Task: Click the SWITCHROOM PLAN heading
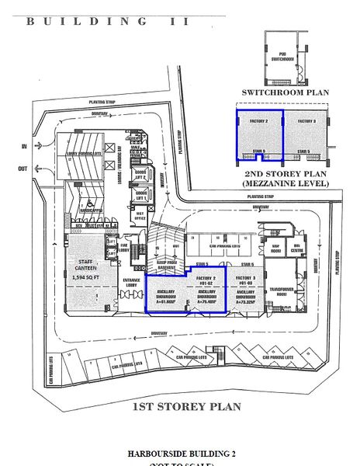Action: click(285, 92)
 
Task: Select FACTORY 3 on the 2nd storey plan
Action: click(307, 122)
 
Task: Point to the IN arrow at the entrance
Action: click(25, 146)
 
